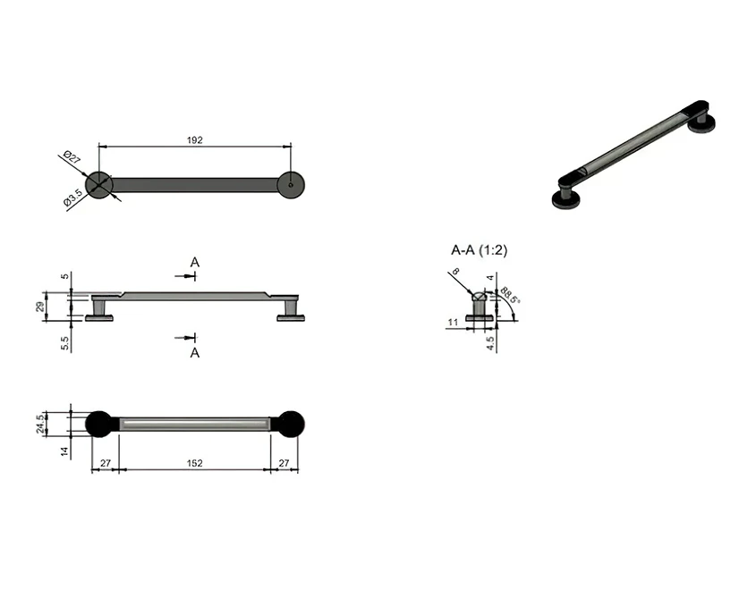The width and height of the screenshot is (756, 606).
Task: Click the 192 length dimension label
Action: point(195,139)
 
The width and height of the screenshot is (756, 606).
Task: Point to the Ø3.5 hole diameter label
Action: point(73,198)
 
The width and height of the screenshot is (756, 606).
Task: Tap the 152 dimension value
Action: point(195,463)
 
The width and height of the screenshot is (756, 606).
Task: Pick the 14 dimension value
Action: point(65,452)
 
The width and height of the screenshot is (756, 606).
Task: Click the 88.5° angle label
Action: point(511,294)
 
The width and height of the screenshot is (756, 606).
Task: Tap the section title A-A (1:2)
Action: point(479,251)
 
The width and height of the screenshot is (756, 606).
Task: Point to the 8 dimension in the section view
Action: point(455,271)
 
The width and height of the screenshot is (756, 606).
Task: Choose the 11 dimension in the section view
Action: point(453,321)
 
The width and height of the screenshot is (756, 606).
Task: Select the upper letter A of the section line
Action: point(195,262)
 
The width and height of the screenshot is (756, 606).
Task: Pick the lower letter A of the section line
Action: point(195,353)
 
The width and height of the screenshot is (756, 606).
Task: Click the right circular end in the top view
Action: point(291,185)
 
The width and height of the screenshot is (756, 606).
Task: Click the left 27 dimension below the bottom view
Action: point(105,463)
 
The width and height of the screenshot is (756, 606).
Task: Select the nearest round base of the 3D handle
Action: point(570,198)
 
